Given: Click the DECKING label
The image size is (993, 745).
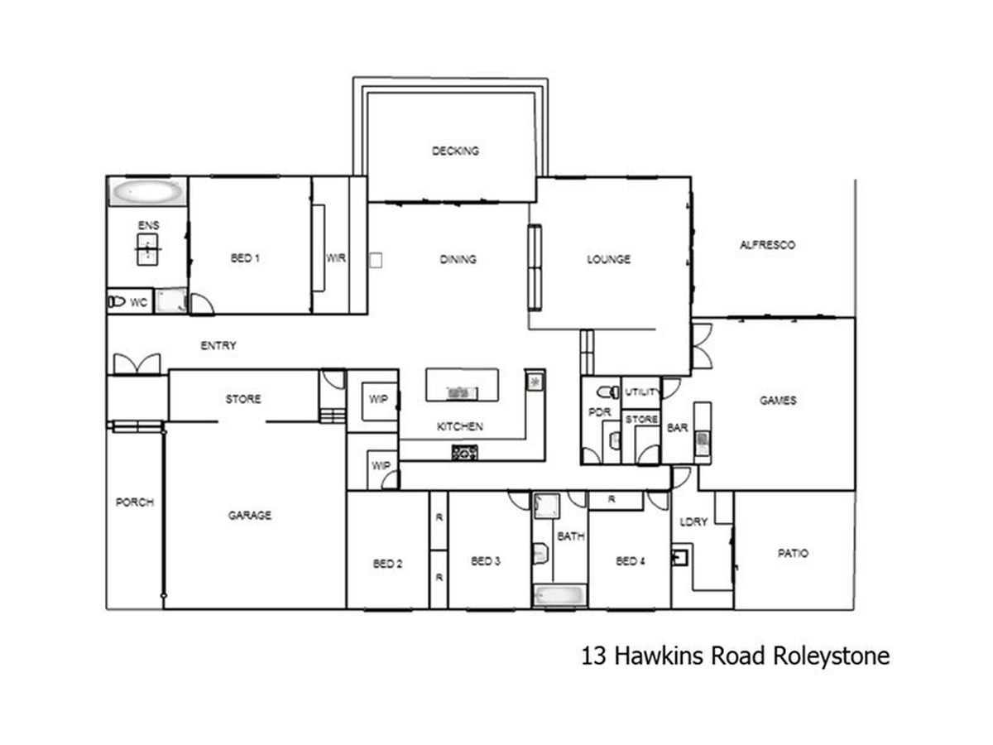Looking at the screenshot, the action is (x=455, y=151).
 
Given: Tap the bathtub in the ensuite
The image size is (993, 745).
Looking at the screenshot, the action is (x=146, y=192).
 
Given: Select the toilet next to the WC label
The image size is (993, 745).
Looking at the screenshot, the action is (x=117, y=301).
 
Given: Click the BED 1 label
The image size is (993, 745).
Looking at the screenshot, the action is (x=245, y=257).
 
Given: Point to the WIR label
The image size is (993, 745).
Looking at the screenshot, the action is (x=336, y=257).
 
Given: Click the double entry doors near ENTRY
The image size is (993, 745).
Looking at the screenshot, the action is (x=137, y=363).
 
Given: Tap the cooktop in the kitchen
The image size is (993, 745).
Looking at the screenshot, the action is (x=464, y=452).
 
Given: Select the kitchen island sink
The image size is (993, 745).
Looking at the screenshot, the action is (x=462, y=392).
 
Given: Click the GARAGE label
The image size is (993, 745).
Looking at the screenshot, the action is (x=250, y=515).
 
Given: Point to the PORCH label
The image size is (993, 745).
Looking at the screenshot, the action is (x=134, y=502).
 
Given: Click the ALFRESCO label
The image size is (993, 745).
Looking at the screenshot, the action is (x=767, y=245).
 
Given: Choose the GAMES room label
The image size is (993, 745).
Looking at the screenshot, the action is (x=778, y=400).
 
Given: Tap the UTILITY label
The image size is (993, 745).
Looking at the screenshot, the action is (x=641, y=392).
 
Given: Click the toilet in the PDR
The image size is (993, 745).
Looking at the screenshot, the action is (x=608, y=392).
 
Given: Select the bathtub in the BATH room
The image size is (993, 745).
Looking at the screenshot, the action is (x=559, y=595).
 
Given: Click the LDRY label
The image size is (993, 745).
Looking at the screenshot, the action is (x=693, y=521).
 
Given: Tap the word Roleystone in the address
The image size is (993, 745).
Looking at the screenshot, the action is (x=831, y=656).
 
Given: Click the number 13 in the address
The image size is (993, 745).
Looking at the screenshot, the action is (x=593, y=656).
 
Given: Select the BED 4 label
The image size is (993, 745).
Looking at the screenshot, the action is (x=631, y=561).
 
